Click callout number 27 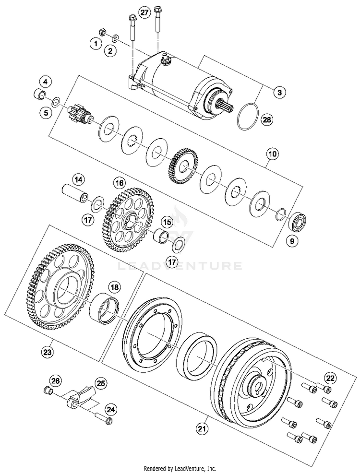(x=144, y=12)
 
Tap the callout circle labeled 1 (x=96, y=44)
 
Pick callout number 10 (x=272, y=154)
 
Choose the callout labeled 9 (x=289, y=242)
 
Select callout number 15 (x=167, y=222)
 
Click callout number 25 (x=101, y=384)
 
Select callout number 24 (x=111, y=409)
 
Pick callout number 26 (x=56, y=381)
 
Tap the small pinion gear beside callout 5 (x=76, y=115)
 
